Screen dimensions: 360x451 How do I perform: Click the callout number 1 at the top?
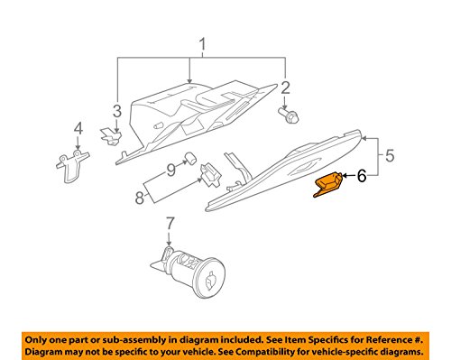click(203, 44)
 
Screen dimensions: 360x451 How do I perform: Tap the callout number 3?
click(116, 111)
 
